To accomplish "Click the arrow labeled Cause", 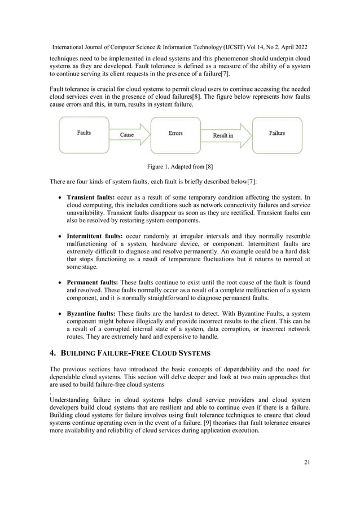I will (128, 135).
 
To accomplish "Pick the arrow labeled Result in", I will (224, 135).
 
